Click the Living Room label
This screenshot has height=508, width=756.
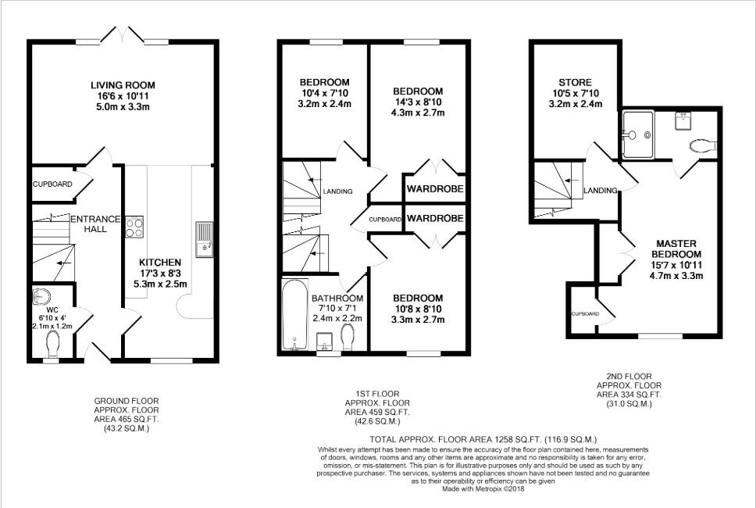click(123, 85)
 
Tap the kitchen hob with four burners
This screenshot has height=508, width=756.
click(134, 227)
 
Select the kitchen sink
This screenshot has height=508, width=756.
click(204, 239)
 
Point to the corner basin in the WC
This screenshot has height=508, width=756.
click(41, 296)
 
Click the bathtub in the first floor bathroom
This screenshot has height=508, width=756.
click(294, 314)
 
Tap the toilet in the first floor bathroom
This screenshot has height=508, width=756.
click(347, 336)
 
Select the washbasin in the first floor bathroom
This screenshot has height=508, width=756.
click(324, 342)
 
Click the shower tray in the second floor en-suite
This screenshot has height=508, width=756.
click(638, 134)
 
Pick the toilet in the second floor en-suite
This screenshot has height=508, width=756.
click(703, 145)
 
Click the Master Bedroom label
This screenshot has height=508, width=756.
click(676, 249)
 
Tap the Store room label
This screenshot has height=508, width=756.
click(575, 83)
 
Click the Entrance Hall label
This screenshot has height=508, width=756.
click(95, 224)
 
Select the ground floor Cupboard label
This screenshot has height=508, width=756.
click(52, 184)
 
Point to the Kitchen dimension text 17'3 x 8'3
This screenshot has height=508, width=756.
click(160, 273)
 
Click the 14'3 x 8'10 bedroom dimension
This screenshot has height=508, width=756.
click(418, 102)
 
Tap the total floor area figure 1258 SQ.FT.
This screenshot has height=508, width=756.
click(518, 439)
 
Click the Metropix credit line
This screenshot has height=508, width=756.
click(483, 488)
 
